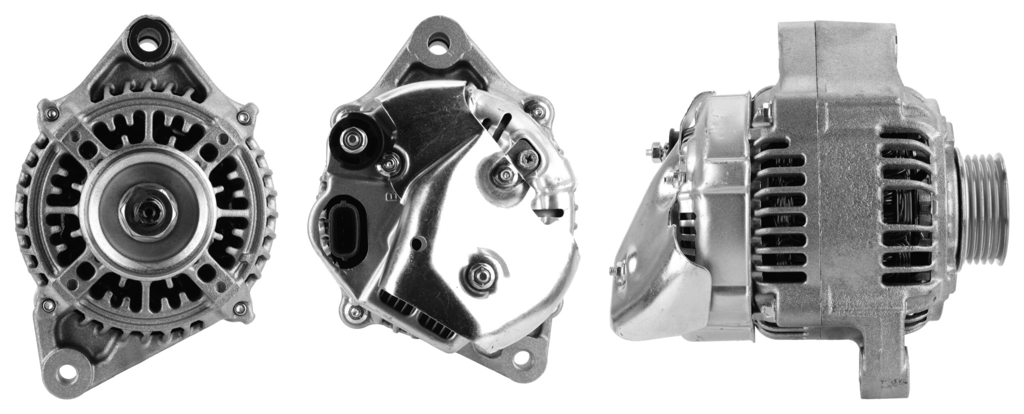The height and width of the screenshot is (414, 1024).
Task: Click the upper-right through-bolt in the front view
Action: [x=245, y=117]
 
